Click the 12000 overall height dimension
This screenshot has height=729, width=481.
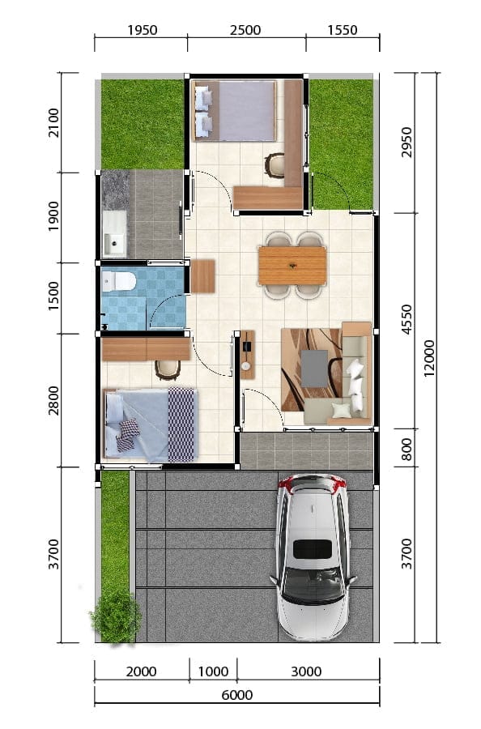(429, 357)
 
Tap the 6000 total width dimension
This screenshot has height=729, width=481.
(237, 695)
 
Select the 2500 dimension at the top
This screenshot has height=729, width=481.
(245, 30)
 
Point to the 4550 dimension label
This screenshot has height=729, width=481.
(407, 319)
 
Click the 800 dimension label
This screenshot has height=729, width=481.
(407, 449)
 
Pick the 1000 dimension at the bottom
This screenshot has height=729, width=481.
(213, 671)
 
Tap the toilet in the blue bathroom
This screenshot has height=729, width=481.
(118, 281)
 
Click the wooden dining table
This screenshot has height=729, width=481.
(292, 265)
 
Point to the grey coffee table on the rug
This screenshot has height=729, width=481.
(315, 369)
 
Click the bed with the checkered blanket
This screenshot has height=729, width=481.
(150, 424)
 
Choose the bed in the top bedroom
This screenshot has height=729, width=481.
(235, 110)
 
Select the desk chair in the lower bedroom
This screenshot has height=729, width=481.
(168, 369)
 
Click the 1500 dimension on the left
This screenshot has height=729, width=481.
(54, 296)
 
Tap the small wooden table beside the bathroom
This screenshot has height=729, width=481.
(202, 276)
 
